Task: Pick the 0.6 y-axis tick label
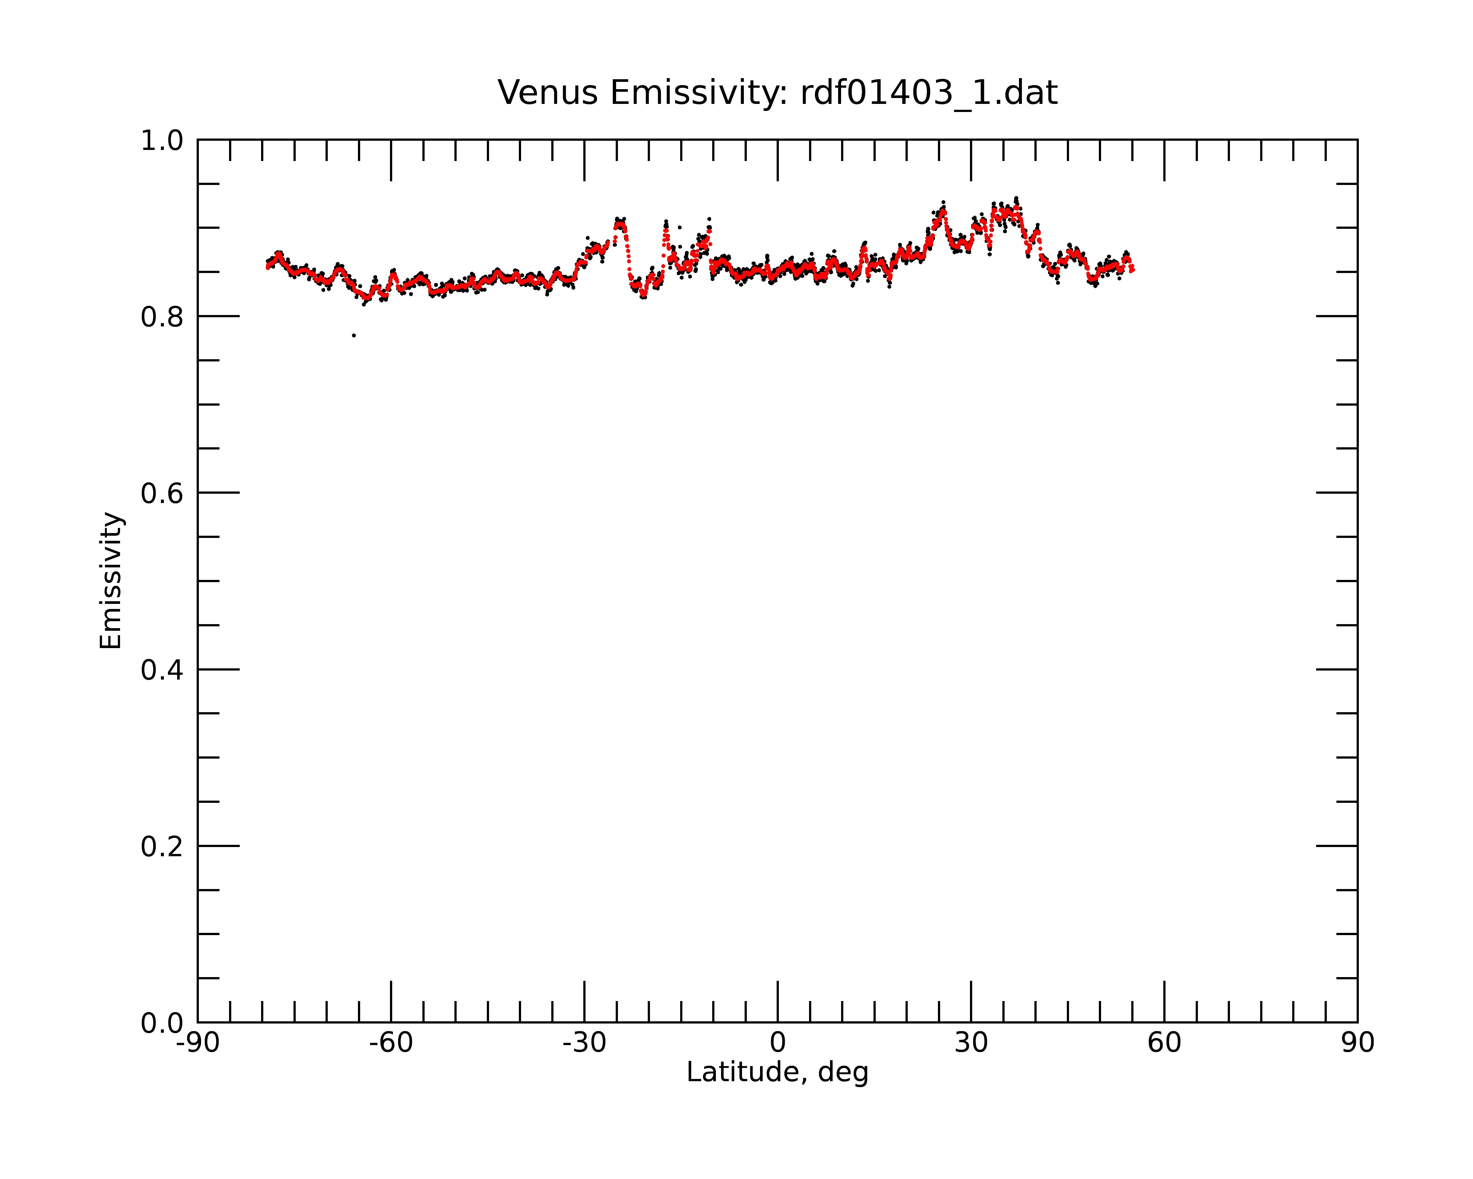click(x=162, y=493)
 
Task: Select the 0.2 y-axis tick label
click(x=162, y=847)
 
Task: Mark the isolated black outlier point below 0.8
click(x=354, y=336)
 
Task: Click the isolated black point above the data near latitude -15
click(x=679, y=227)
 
